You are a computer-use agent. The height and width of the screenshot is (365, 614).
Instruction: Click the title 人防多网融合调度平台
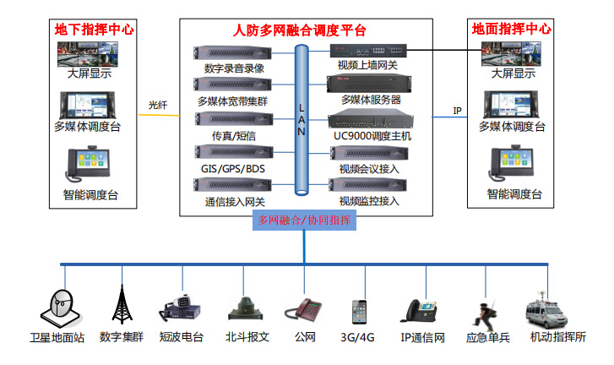pyautogui.click(x=299, y=30)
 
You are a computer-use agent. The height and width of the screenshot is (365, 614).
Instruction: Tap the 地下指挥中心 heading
pyautogui.click(x=94, y=29)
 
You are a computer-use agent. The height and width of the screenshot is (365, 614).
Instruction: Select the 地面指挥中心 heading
pyautogui.click(x=511, y=29)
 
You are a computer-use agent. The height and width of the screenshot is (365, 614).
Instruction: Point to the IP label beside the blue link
pyautogui.click(x=457, y=111)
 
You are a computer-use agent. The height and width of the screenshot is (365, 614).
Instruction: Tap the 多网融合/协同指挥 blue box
pyautogui.click(x=304, y=221)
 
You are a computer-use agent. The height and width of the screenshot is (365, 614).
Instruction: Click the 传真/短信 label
pyautogui.click(x=234, y=135)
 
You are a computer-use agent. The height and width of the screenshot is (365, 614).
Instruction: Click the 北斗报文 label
pyautogui.click(x=247, y=336)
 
